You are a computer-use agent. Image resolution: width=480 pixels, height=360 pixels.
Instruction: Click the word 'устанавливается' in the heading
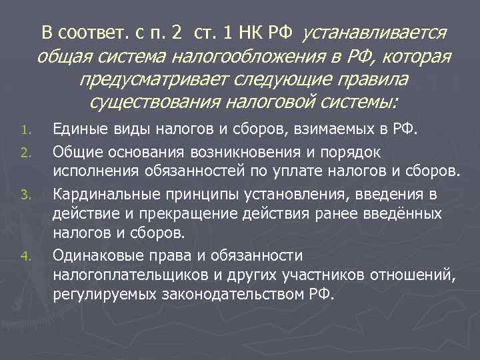[x=375, y=33]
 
